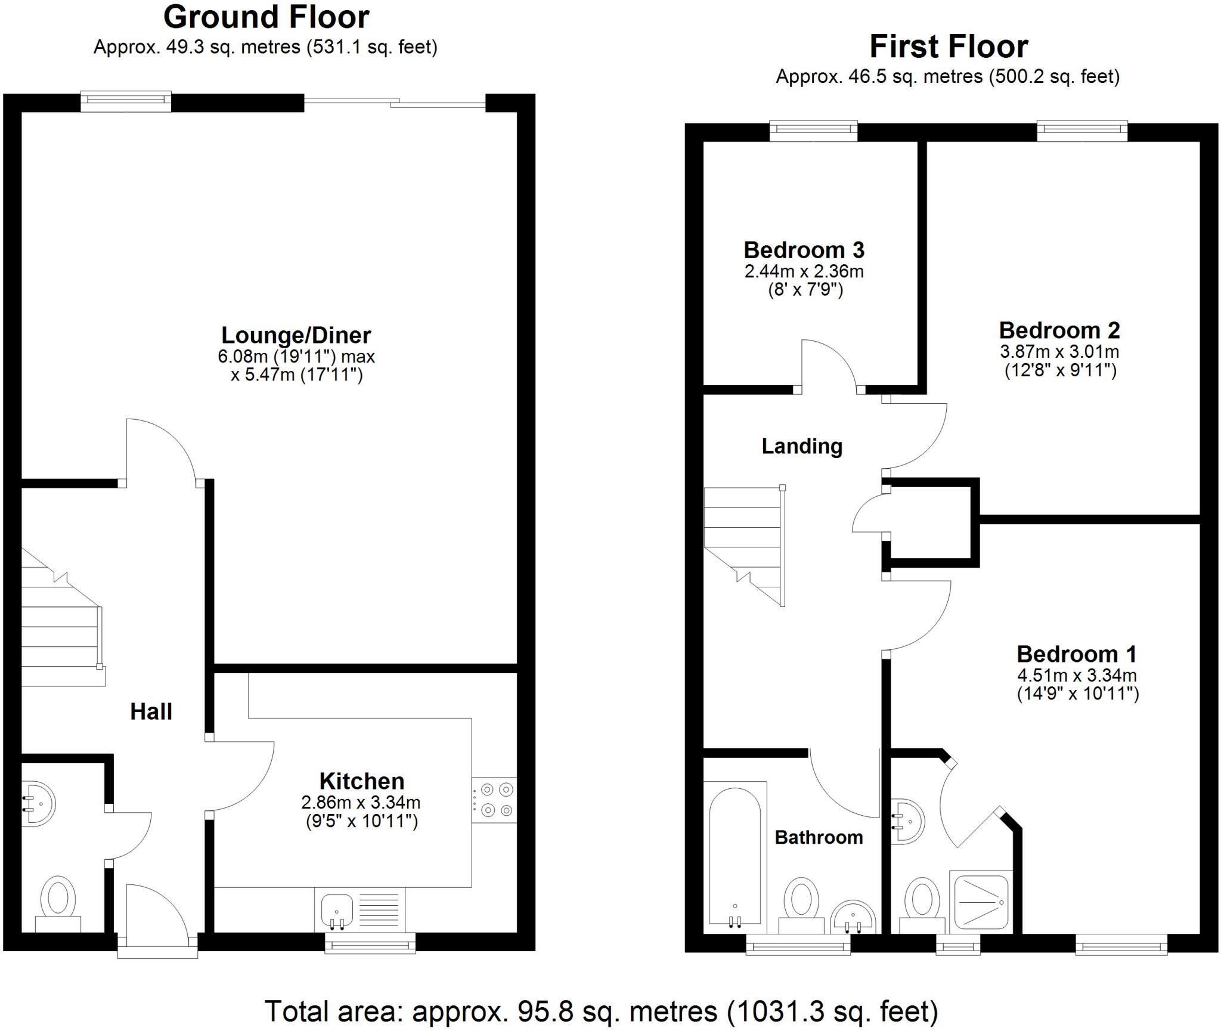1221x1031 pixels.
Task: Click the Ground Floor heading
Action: pyautogui.click(x=266, y=17)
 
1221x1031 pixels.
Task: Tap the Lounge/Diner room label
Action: pyautogui.click(x=296, y=335)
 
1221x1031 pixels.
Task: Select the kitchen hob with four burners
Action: pyautogui.click(x=494, y=800)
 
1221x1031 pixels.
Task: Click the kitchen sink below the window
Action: pyautogui.click(x=337, y=911)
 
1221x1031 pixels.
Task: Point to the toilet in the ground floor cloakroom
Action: pyautogui.click(x=58, y=901)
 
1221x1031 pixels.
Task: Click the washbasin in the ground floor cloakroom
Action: pyautogui.click(x=38, y=803)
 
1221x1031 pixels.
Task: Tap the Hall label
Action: pyautogui.click(x=151, y=711)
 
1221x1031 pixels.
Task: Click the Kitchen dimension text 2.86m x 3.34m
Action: pyautogui.click(x=361, y=803)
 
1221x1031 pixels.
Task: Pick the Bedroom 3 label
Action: pyautogui.click(x=804, y=250)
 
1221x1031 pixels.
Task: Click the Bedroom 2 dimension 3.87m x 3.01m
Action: pyautogui.click(x=1059, y=351)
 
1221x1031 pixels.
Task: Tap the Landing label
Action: pyautogui.click(x=802, y=446)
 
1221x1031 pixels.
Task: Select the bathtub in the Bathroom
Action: pyautogui.click(x=735, y=857)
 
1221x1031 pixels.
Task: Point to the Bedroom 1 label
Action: pyautogui.click(x=1076, y=654)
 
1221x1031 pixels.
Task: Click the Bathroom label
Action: pyautogui.click(x=819, y=838)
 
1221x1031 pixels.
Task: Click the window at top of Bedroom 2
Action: pyautogui.click(x=1082, y=131)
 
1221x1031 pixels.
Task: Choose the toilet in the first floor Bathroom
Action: pyautogui.click(x=801, y=900)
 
